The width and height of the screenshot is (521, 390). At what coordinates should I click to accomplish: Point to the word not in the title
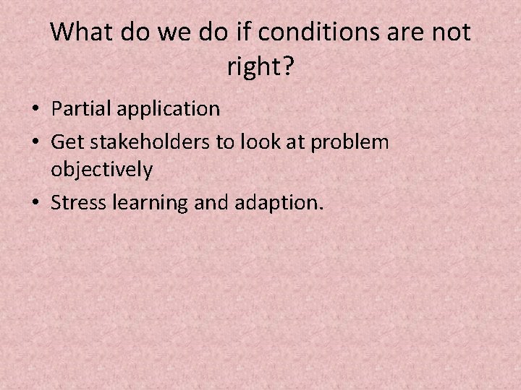pos(452,32)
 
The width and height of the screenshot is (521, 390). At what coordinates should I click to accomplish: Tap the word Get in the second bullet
pos(66,142)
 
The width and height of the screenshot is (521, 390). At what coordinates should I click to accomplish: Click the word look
pos(258,142)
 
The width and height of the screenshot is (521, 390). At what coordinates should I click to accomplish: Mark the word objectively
pos(102,170)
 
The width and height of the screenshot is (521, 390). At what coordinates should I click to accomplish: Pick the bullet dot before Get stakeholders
pos(35,142)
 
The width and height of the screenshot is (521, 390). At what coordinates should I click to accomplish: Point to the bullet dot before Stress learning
pos(35,204)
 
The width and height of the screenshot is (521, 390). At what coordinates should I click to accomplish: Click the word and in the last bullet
pos(210,203)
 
